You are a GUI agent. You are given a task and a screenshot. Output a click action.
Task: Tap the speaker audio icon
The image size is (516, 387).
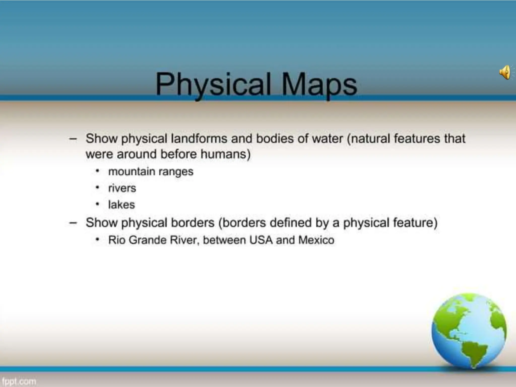click(505, 72)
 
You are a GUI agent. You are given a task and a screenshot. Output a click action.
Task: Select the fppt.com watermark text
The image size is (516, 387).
click(18, 381)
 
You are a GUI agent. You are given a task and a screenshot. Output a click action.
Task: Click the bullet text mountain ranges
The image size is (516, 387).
click(151, 172)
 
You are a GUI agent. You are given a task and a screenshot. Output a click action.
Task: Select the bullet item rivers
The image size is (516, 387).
click(122, 188)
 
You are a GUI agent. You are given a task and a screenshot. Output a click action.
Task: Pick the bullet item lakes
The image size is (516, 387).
click(121, 205)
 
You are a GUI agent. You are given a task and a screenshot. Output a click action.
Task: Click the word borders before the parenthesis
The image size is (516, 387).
click(192, 223)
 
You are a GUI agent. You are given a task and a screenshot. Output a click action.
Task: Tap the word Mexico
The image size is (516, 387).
click(316, 240)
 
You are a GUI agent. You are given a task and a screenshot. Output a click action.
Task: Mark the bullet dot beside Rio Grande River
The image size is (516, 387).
click(97, 239)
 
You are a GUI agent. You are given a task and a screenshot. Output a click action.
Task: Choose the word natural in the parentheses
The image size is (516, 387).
click(370, 139)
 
